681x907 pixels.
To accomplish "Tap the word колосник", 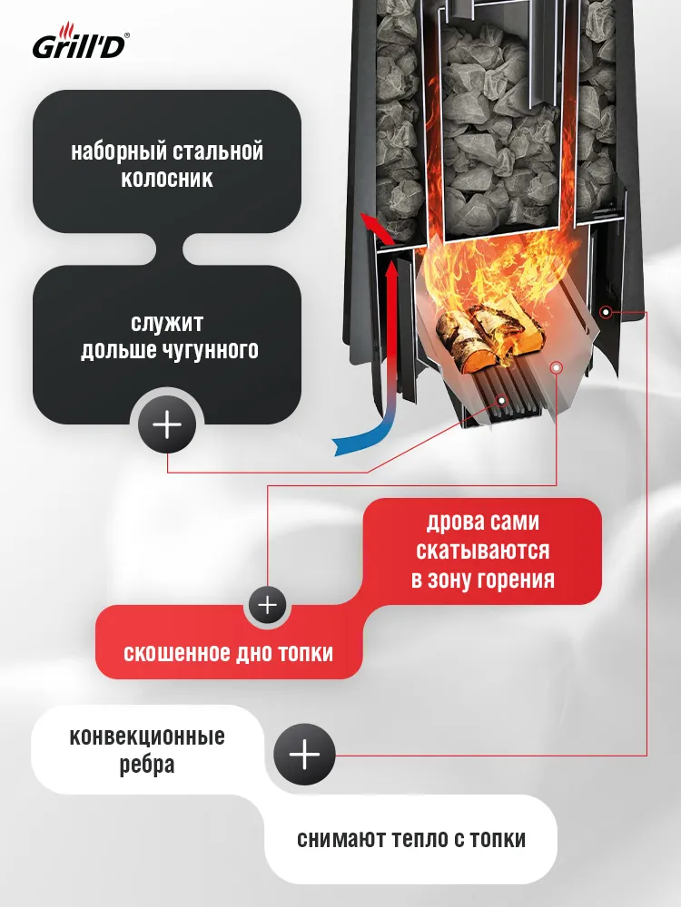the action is point(167,178).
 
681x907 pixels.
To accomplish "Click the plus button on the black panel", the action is point(167,425).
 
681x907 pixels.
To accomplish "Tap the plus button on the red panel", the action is point(268,605).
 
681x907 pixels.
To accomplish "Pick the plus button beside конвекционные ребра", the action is point(304,755).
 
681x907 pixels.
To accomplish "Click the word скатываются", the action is point(482,551).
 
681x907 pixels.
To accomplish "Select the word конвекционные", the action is point(147,736).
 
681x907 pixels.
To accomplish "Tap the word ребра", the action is point(147,765).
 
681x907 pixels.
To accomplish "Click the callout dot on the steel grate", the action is point(501,400).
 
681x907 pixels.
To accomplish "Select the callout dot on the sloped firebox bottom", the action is point(556,367).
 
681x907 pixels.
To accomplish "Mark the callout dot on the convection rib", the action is point(606,312).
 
